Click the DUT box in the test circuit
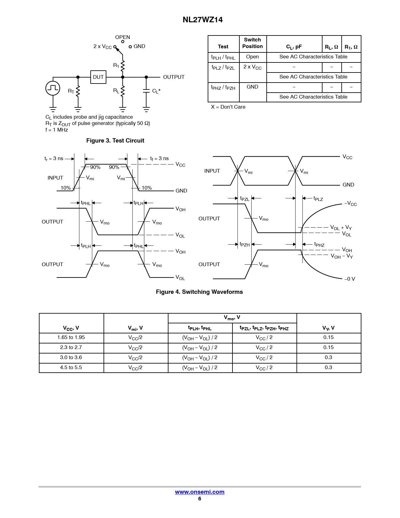tap(98, 77)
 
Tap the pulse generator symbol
tap(53, 88)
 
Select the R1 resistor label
tap(116, 65)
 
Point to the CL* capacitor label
tap(156, 91)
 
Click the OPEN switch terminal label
tap(122, 37)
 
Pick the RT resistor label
tap(71, 91)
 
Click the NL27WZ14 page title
tap(203, 20)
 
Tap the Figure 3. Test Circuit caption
tap(115, 141)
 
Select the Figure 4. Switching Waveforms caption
tap(199, 292)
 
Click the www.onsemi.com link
tap(200, 492)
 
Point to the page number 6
tap(200, 499)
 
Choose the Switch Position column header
tap(253, 43)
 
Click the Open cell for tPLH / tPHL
tap(253, 57)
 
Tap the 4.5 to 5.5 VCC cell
tap(71, 368)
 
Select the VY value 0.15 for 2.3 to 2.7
tap(328, 348)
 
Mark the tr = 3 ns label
tap(54, 159)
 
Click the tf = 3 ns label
tap(159, 159)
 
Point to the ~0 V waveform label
tap(349, 279)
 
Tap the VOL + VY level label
tap(341, 228)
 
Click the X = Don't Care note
tap(228, 107)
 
